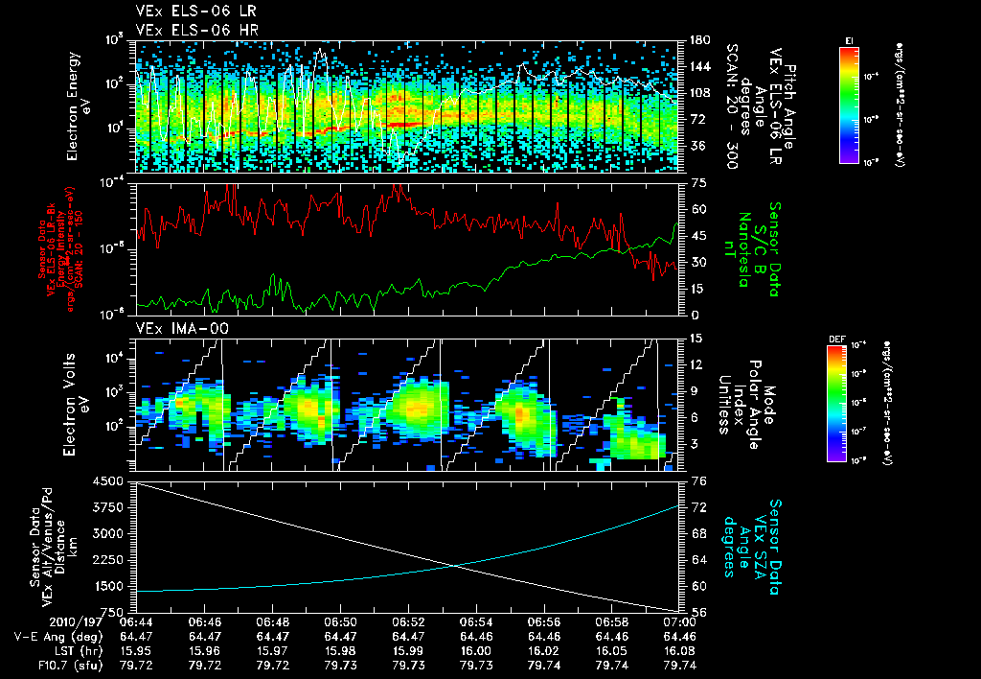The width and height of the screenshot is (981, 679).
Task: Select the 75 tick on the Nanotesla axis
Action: [x=695, y=182]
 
